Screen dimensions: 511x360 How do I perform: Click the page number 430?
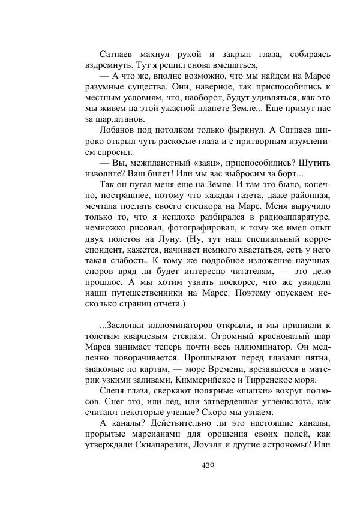206,465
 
